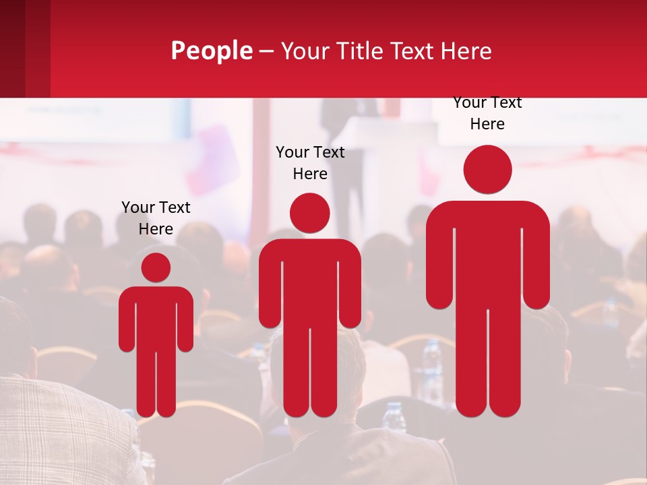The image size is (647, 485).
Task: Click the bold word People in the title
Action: pyautogui.click(x=211, y=51)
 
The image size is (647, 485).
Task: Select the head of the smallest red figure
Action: pyautogui.click(x=156, y=267)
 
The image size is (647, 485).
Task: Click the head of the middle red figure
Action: pyautogui.click(x=309, y=214)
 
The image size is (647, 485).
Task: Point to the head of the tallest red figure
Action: pyautogui.click(x=487, y=170)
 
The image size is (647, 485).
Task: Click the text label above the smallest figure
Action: pyautogui.click(x=156, y=218)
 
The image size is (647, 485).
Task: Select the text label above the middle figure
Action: pyautogui.click(x=310, y=163)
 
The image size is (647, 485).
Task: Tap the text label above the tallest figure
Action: pyautogui.click(x=487, y=113)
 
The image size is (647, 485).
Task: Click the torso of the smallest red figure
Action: pyautogui.click(x=156, y=317)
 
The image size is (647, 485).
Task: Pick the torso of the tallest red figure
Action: pyautogui.click(x=487, y=256)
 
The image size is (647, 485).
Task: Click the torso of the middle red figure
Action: pyautogui.click(x=309, y=283)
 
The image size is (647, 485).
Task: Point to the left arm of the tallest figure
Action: pyautogui.click(x=439, y=263)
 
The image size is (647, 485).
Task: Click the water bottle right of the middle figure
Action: pyautogui.click(x=431, y=364)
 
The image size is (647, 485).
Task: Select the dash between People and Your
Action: pyautogui.click(x=266, y=51)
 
